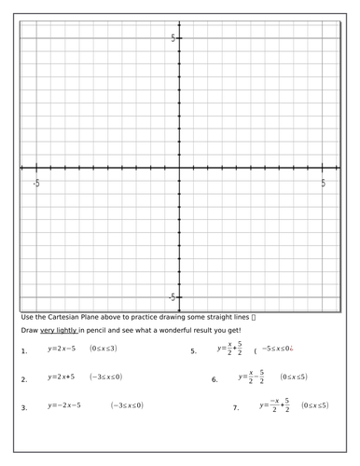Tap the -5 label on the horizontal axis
pos(36,184)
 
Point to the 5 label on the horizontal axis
pos(324,184)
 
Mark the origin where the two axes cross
pos(180,168)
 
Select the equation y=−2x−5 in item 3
pos(64,405)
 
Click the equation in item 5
pos(229,349)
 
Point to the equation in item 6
pos(251,377)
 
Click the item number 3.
pos(23,407)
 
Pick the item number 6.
pos(215,379)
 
